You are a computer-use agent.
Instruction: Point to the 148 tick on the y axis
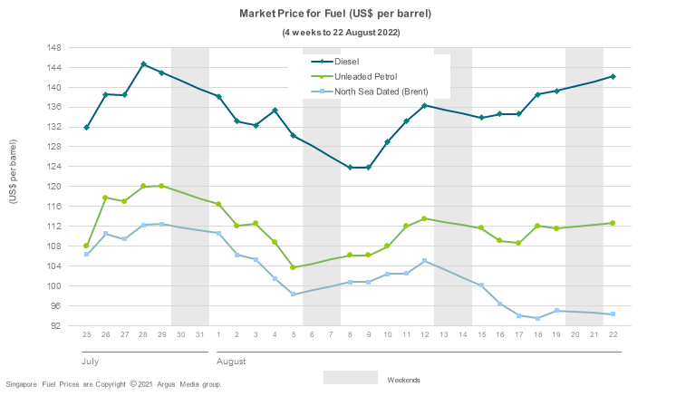point(53,47)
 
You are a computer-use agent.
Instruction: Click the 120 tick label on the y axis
point(53,187)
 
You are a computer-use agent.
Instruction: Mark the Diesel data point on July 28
point(143,64)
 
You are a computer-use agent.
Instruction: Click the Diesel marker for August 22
point(613,76)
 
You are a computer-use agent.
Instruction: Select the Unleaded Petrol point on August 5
point(294,267)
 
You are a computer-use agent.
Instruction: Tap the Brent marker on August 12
point(425,261)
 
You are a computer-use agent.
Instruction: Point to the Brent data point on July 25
point(87,254)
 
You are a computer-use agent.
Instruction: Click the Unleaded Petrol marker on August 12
point(425,218)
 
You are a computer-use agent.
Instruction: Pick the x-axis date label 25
point(87,335)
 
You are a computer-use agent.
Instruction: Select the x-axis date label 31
point(199,335)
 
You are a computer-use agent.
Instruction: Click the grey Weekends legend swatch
point(350,377)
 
